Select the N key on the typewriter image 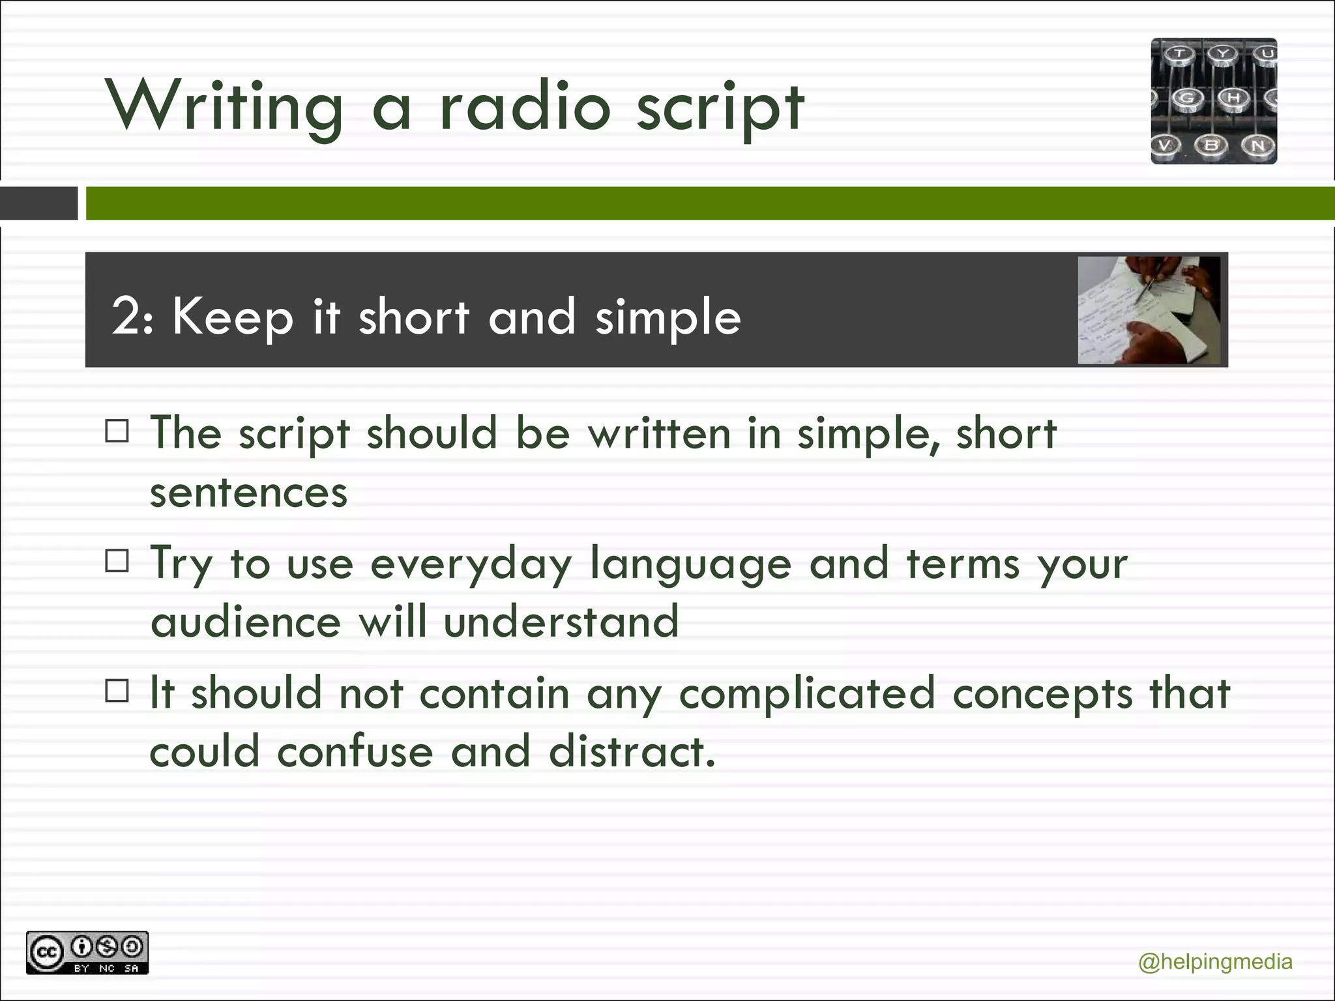[1257, 145]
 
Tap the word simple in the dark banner [667, 317]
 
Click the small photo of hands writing [1149, 310]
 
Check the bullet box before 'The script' [117, 431]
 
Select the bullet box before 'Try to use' [117, 561]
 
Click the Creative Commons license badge [87, 953]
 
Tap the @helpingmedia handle [1214, 962]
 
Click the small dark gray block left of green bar [38, 203]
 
